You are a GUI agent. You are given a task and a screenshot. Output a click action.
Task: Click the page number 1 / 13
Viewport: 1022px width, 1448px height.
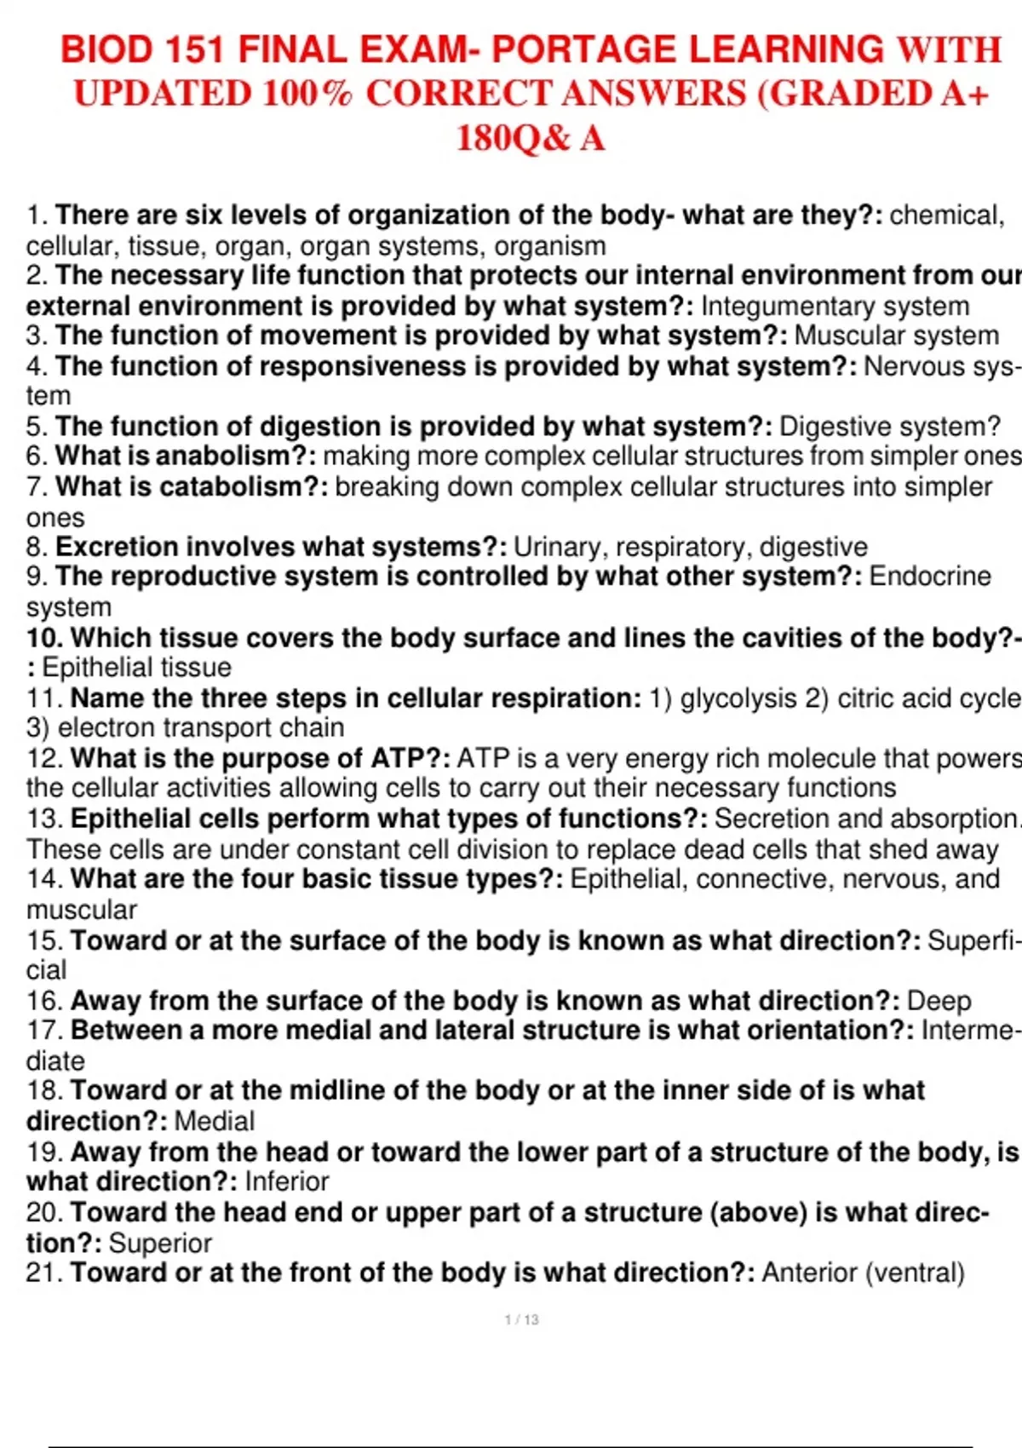(x=521, y=1319)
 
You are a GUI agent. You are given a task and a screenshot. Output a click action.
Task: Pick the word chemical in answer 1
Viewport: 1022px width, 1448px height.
(x=945, y=215)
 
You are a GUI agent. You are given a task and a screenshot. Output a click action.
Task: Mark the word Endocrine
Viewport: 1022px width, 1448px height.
(x=929, y=577)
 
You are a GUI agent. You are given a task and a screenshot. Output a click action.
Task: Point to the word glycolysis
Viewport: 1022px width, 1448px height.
(x=738, y=698)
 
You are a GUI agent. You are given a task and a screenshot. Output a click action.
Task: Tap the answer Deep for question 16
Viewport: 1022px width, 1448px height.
(x=939, y=1001)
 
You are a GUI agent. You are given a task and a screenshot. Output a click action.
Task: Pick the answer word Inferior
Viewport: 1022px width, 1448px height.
(x=286, y=1182)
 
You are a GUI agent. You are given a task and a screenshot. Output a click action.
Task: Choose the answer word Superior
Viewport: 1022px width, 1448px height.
(x=160, y=1244)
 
